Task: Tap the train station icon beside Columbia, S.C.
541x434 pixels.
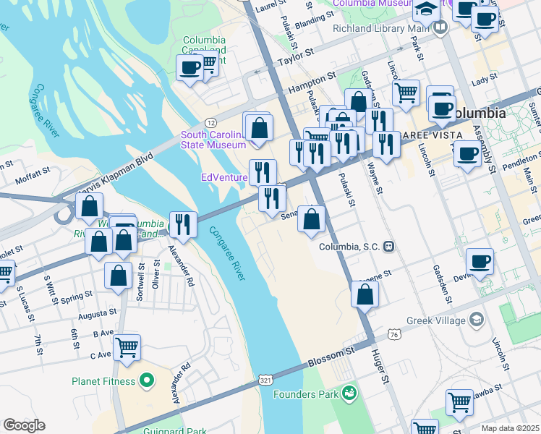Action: tap(389, 247)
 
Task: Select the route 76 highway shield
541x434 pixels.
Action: tap(393, 335)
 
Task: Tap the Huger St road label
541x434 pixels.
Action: tap(381, 366)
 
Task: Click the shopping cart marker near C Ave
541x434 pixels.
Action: tap(127, 348)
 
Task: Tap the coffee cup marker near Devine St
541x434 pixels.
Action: tap(480, 261)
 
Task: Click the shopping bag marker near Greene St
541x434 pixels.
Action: tap(365, 294)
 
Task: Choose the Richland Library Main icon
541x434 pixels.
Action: tap(440, 28)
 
